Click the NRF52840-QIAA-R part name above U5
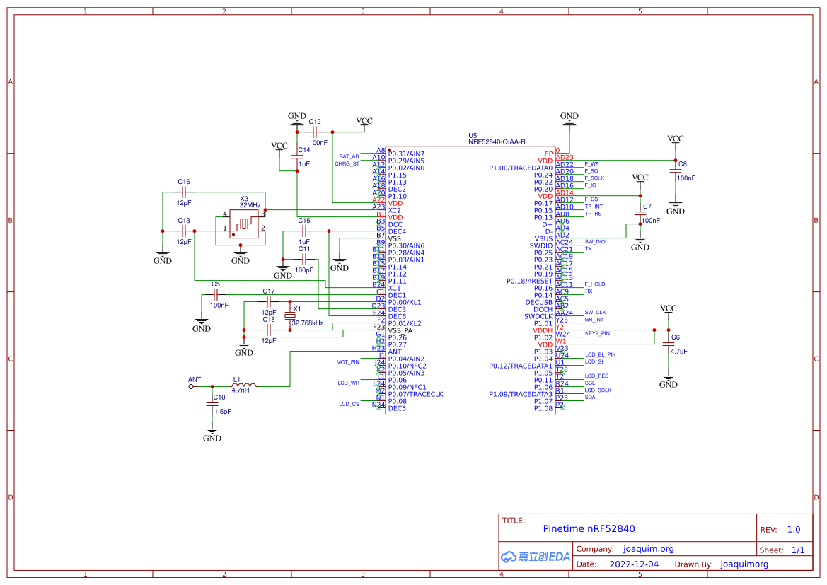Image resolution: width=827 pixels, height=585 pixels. [x=496, y=141]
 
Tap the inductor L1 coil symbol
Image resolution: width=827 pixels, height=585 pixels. [x=245, y=386]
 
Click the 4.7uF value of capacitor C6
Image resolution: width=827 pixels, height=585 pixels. [x=679, y=351]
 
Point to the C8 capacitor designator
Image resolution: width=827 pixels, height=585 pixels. [x=683, y=163]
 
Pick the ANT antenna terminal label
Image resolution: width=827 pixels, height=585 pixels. [x=195, y=380]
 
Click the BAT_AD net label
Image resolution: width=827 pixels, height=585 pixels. [x=349, y=156]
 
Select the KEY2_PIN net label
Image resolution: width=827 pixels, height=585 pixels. [x=597, y=333]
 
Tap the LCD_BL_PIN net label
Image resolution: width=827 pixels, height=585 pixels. [x=600, y=354]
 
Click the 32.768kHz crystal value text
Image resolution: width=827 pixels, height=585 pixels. [x=307, y=323]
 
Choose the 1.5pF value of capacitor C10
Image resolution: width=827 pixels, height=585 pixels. [x=223, y=411]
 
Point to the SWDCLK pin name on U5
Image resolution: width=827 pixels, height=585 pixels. [x=538, y=316]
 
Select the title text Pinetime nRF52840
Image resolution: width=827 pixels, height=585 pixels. [x=589, y=528]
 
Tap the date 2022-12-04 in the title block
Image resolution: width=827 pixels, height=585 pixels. [x=633, y=564]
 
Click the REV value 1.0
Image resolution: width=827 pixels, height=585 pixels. [x=793, y=529]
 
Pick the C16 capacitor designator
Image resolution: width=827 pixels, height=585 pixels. [x=184, y=182]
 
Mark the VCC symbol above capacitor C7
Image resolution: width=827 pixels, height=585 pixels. [x=640, y=178]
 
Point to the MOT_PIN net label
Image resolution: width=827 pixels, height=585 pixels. [x=347, y=361]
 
